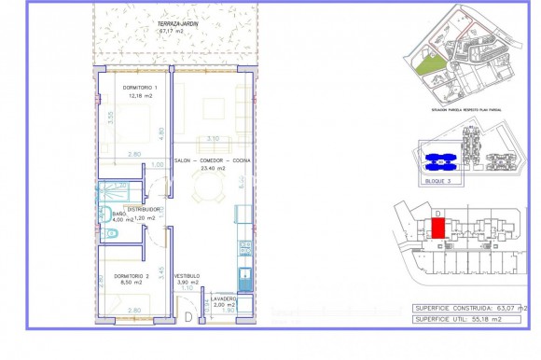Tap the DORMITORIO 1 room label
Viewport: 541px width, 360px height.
tap(141, 88)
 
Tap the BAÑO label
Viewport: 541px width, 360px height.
tap(119, 214)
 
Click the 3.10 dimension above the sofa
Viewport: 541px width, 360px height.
tap(212, 139)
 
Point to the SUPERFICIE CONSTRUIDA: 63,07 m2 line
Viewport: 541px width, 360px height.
tap(470, 307)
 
